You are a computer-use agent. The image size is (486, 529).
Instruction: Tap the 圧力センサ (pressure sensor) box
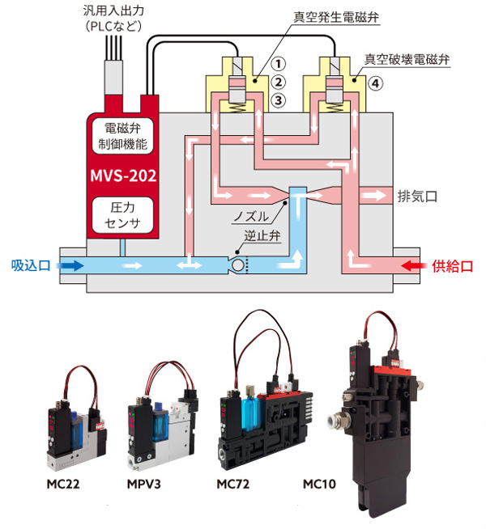[121, 213]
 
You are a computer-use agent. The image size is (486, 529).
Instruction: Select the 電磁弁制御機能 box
[121, 135]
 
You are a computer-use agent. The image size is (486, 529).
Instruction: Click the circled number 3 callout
[278, 100]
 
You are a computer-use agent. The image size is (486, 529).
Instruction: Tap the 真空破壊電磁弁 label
[407, 59]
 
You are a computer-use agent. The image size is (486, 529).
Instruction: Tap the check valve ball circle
[238, 265]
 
